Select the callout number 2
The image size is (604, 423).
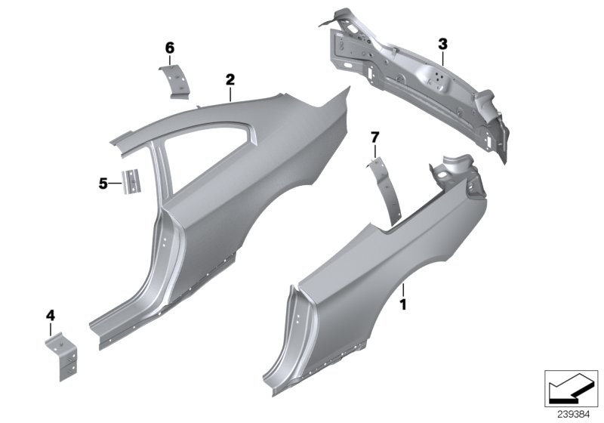[x=230, y=78]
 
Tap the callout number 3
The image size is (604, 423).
[x=443, y=44]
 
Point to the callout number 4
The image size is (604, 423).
[x=51, y=314]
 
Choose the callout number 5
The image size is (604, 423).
[x=104, y=182]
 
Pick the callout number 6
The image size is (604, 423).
[x=170, y=48]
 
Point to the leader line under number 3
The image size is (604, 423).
[x=443, y=57]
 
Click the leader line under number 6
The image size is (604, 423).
[x=171, y=60]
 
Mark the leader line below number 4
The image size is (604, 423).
[x=51, y=329]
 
